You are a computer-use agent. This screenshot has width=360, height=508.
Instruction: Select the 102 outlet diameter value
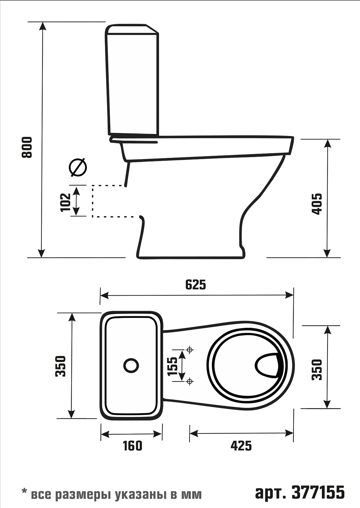[66, 203]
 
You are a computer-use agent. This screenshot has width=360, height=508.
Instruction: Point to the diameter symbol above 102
[78, 167]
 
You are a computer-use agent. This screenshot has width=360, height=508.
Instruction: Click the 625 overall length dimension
[196, 285]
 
